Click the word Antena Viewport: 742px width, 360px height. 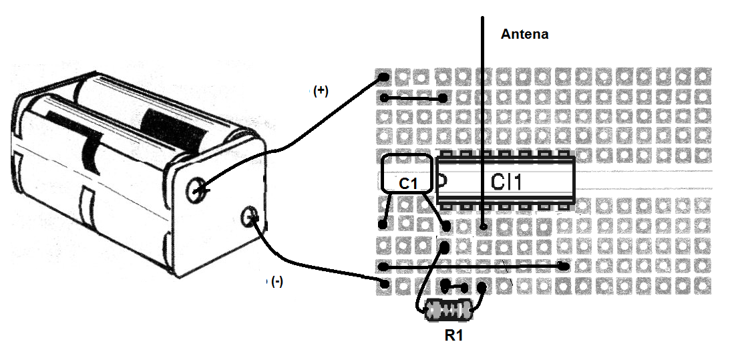pos(524,34)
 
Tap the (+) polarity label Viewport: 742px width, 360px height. pos(321,92)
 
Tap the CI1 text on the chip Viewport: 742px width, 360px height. pos(506,182)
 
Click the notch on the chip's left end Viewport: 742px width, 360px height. pos(442,181)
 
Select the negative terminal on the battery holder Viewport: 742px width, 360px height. pos(251,216)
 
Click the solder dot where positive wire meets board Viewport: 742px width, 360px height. pos(384,77)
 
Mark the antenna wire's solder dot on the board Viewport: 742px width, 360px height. pos(483,226)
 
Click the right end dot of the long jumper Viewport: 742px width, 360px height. pos(564,266)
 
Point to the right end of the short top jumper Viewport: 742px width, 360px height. pos(443,99)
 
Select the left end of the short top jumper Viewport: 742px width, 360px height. pos(384,99)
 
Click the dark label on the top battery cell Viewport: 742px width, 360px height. pos(172,130)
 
